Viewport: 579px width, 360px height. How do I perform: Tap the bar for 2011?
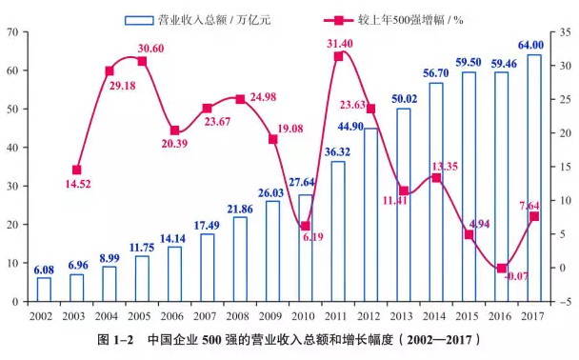click(338, 231)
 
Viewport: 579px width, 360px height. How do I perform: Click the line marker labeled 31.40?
click(338, 56)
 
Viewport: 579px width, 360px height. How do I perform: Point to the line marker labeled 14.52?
click(77, 170)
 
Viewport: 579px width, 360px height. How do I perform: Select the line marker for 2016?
click(502, 269)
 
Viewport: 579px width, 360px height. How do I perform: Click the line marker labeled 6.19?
click(305, 227)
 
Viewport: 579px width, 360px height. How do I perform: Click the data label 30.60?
click(150, 49)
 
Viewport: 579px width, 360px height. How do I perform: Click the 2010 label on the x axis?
click(305, 315)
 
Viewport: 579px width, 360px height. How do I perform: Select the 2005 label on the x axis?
click(142, 315)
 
